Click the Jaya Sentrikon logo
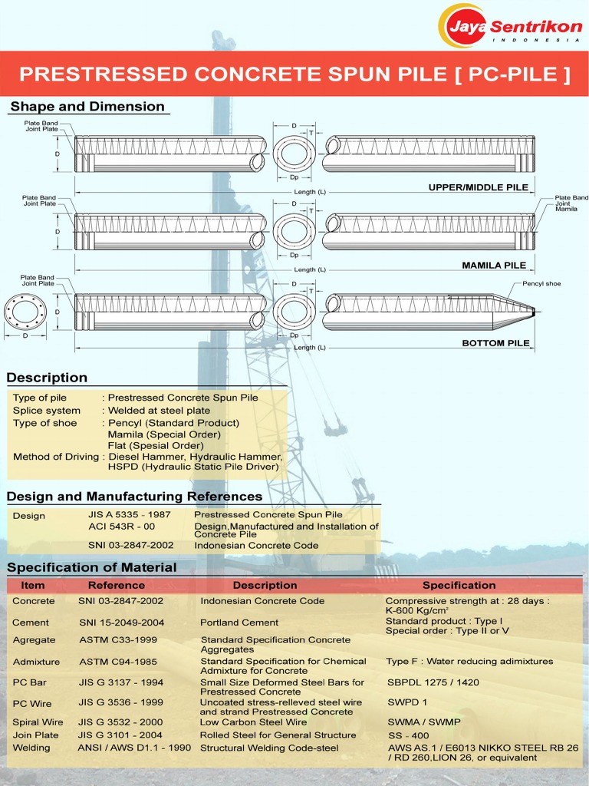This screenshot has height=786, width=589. (509, 26)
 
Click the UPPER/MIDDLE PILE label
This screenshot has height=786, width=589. (478, 187)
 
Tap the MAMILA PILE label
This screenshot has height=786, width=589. (494, 266)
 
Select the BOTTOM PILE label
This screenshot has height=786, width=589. (495, 343)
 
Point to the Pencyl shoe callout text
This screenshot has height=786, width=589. (541, 284)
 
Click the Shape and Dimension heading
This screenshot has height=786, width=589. (87, 107)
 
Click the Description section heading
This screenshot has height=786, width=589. (47, 378)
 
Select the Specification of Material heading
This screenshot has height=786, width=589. (91, 568)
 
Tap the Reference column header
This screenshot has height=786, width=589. (117, 585)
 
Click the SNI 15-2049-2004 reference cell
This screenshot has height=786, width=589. (120, 623)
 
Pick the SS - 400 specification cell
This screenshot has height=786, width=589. (409, 735)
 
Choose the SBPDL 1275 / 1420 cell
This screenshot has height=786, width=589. (433, 682)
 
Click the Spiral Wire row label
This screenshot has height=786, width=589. (38, 722)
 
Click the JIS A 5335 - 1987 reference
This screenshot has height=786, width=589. (130, 515)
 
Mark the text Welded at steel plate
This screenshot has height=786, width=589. (159, 411)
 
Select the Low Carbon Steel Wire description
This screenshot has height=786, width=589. (253, 722)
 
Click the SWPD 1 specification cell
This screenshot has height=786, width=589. (407, 702)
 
